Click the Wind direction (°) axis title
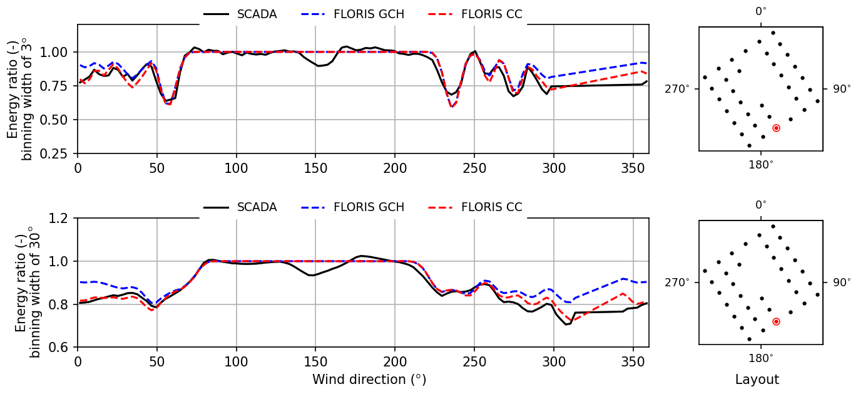click(x=369, y=380)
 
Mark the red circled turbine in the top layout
click(x=776, y=128)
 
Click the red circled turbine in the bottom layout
click(x=776, y=321)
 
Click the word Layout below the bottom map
click(x=757, y=380)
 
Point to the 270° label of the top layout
click(x=677, y=89)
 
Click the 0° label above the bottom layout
click(x=760, y=205)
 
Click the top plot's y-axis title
click(x=19, y=89)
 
